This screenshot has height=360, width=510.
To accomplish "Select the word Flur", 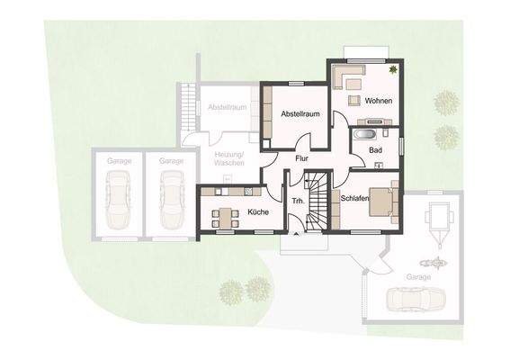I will tap(303, 159).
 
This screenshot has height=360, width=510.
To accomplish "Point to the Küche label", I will tap(258, 211).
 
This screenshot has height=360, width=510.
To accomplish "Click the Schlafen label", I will tap(356, 197).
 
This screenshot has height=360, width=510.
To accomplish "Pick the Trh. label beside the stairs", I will tap(297, 200).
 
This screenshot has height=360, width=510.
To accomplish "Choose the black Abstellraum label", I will tap(300, 115).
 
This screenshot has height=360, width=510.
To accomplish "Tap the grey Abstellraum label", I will tap(227, 107).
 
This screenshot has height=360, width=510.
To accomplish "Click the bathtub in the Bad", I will tap(365, 135).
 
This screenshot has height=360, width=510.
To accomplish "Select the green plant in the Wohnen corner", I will tap(392, 69).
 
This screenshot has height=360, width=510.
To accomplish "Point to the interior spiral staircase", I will tap(317, 202).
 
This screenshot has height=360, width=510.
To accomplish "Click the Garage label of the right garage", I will tap(418, 277).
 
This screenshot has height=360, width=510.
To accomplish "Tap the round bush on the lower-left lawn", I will tap(231, 291).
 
